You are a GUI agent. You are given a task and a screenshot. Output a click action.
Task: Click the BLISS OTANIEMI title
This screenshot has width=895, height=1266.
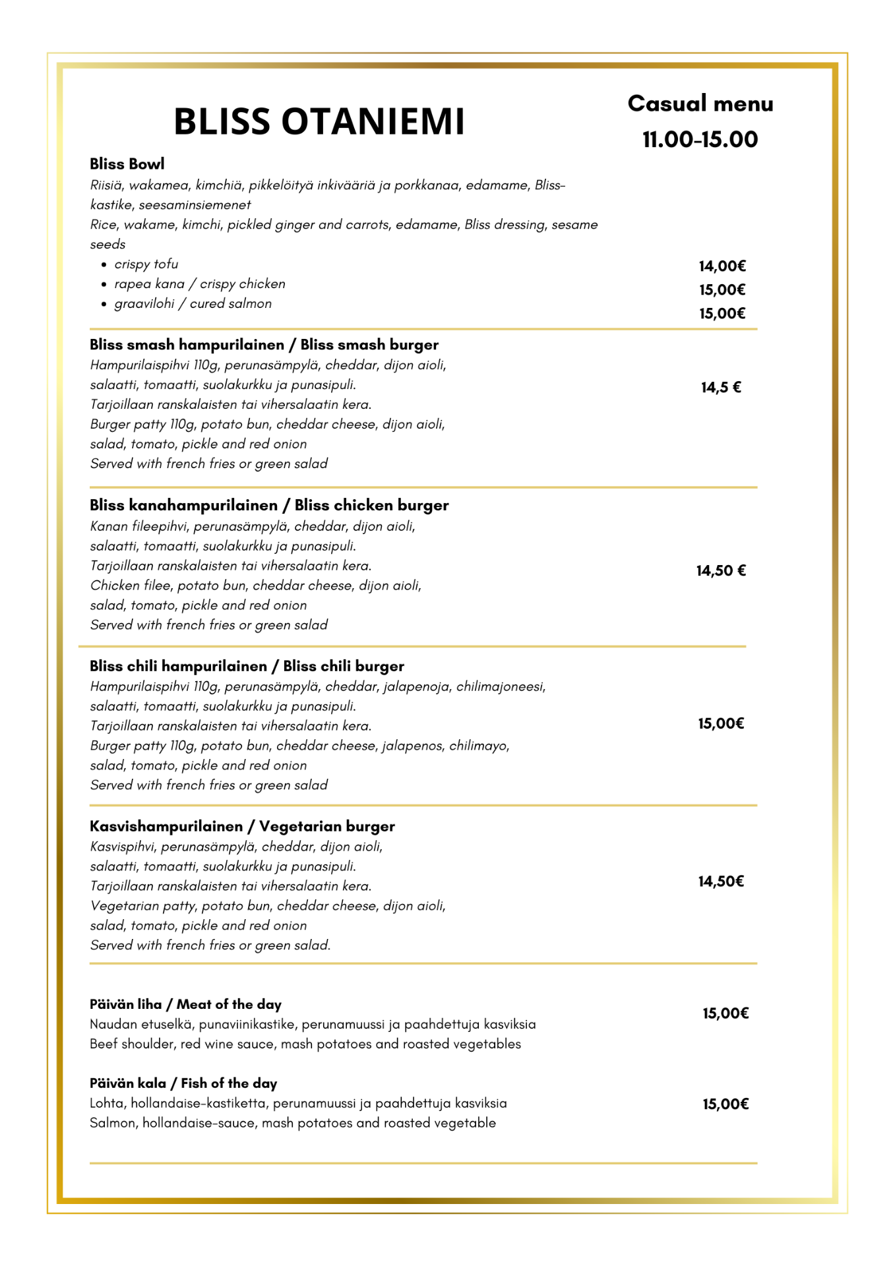click(319, 122)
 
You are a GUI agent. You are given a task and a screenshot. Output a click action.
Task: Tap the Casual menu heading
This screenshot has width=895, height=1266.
click(700, 104)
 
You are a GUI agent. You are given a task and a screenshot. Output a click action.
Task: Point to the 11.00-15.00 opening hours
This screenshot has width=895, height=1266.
click(700, 140)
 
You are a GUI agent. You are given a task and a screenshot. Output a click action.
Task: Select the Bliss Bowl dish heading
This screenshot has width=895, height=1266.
click(127, 164)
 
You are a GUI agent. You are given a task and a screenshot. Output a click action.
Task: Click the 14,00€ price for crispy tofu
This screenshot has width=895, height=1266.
click(722, 266)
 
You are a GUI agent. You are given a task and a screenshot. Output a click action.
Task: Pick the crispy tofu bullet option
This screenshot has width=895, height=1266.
click(146, 264)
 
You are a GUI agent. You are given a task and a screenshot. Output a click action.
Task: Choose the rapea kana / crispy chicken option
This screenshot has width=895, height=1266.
click(199, 284)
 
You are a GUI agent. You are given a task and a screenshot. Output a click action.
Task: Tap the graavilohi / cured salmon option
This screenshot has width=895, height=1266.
click(193, 304)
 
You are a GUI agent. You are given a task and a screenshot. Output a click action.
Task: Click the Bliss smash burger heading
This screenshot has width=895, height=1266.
click(264, 345)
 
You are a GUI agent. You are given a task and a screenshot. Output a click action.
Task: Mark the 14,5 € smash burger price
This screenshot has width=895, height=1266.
click(721, 388)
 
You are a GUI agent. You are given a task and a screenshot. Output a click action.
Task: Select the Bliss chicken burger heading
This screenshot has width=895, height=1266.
click(269, 506)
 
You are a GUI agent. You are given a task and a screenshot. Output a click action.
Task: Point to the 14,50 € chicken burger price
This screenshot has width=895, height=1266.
click(721, 571)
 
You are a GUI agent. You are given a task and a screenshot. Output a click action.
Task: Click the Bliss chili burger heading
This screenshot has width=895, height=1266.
click(247, 667)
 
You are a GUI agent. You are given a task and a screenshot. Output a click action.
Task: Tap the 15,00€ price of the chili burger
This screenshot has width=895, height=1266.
click(721, 724)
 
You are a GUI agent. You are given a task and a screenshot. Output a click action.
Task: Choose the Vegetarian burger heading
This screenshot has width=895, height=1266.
click(242, 827)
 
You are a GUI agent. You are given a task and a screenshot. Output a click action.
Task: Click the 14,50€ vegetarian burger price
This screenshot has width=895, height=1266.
click(721, 882)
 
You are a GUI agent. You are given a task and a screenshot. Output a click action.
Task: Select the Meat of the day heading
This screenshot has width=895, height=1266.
click(185, 1005)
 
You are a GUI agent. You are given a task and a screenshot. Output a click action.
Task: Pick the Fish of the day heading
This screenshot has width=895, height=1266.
click(183, 1083)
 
